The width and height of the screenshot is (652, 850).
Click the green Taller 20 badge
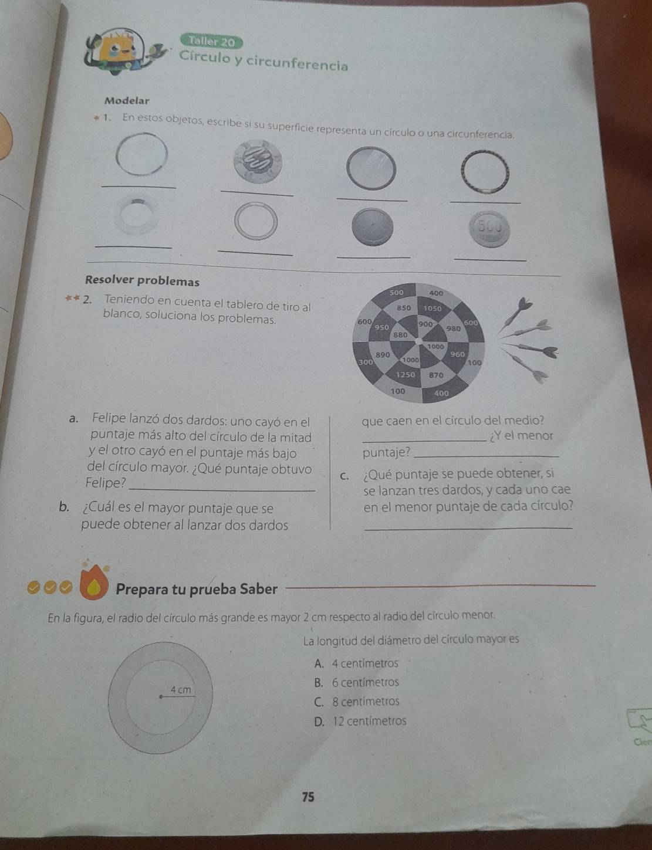[211, 41]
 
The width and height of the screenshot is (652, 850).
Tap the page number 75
[308, 797]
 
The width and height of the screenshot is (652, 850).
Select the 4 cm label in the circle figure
[181, 690]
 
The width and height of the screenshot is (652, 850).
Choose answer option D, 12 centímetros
[360, 721]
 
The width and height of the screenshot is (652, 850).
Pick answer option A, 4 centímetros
[356, 663]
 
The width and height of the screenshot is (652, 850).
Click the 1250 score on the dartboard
[406, 375]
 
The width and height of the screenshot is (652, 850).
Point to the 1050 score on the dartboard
[433, 308]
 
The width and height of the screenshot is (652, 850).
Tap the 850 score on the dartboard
[404, 308]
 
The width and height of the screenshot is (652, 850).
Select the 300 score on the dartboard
[366, 362]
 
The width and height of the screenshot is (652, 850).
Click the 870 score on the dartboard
[436, 375]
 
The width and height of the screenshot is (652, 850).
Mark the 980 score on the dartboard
[453, 329]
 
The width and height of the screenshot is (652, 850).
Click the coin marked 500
[489, 229]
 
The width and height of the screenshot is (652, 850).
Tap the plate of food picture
[258, 161]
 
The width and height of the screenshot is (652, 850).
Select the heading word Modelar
[127, 100]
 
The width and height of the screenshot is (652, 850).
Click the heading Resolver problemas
[142, 280]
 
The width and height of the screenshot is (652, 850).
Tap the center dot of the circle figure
[160, 696]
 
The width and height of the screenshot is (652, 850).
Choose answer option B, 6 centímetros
[357, 683]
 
